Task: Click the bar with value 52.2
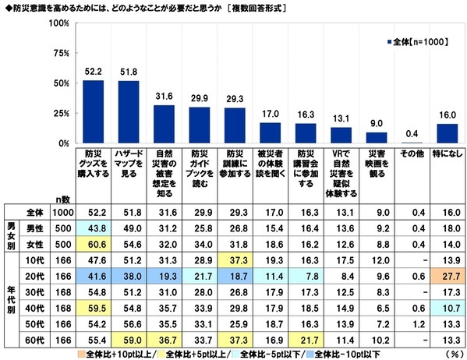pos(93,112)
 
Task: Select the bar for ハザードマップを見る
pos(128,112)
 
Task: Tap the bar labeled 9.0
pos(375,138)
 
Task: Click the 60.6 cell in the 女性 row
pos(93,243)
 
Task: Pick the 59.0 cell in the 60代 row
pos(128,340)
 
